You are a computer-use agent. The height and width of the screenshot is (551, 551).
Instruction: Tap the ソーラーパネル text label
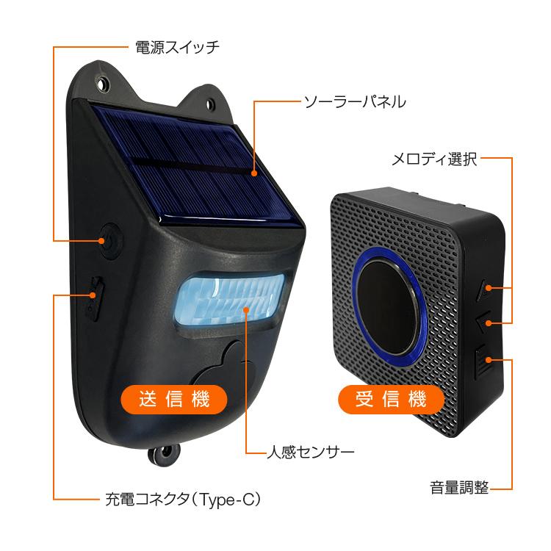(x=355, y=101)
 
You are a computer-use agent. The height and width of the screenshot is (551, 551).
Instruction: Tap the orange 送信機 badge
(x=173, y=399)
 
